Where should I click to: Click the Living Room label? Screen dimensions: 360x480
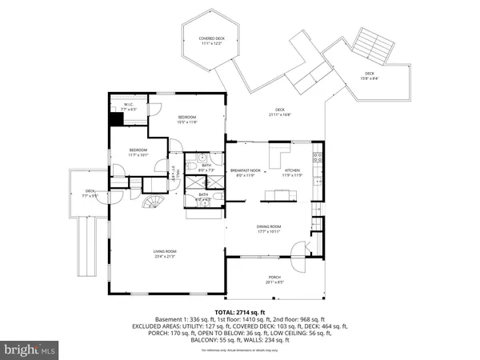165,254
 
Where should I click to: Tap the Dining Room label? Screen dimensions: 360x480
268,229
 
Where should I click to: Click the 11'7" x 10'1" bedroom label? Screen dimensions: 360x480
138,151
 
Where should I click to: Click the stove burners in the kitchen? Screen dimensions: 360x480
318,157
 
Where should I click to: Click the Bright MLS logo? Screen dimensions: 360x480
30,349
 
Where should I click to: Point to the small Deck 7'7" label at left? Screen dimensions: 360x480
90,193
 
